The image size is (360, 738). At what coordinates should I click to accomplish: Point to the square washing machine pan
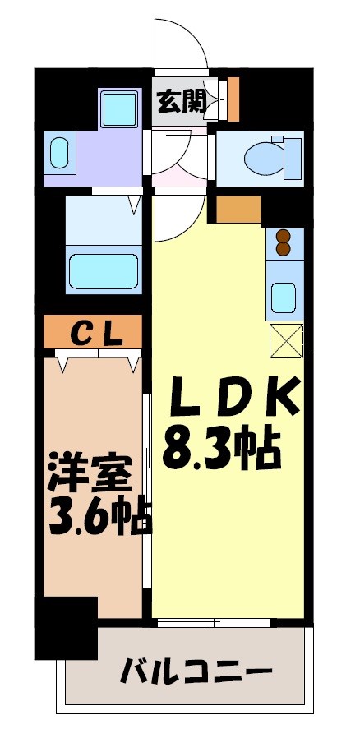[x=120, y=108]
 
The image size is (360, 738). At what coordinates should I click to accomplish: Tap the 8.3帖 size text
[x=222, y=448]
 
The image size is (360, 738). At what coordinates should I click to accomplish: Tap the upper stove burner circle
[x=284, y=235]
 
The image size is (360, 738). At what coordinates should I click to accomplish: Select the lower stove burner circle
[x=284, y=248]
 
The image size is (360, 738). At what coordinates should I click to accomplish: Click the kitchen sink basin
[x=284, y=295]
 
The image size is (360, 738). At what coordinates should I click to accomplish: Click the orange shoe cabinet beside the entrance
[x=233, y=97]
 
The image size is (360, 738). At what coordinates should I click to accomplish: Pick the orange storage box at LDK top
[x=238, y=210]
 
